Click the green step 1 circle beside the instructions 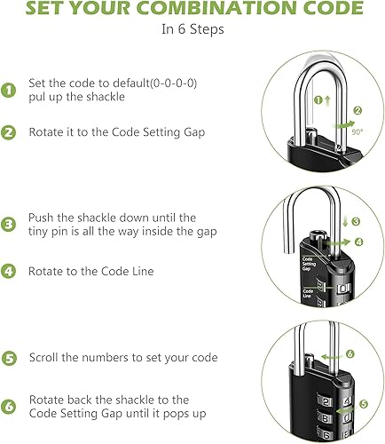click(x=10, y=90)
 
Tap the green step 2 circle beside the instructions click(x=10, y=132)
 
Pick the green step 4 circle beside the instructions click(x=10, y=271)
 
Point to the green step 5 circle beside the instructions click(x=10, y=358)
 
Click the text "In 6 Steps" click(x=192, y=28)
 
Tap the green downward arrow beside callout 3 click(x=344, y=221)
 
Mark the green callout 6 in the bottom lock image click(x=349, y=353)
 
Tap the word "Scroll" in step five click(x=45, y=358)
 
